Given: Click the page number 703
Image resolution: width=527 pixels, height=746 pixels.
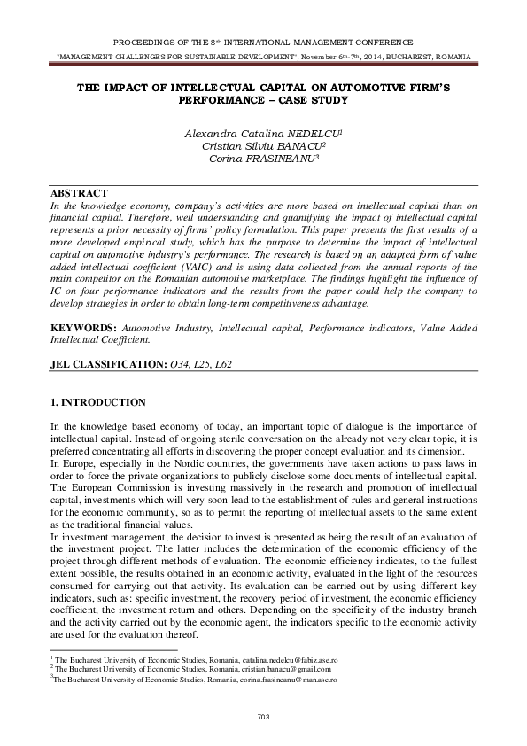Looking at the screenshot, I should coord(263,717).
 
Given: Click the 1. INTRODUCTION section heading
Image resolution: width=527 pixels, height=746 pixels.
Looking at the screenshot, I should coord(98,403).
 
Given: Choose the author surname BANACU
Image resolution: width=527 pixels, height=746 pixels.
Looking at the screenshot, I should coord(298,145).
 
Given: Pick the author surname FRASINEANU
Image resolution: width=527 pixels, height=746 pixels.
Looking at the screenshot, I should coord(291,159).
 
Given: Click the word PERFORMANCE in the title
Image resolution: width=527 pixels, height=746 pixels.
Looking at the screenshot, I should coord(215,101).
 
